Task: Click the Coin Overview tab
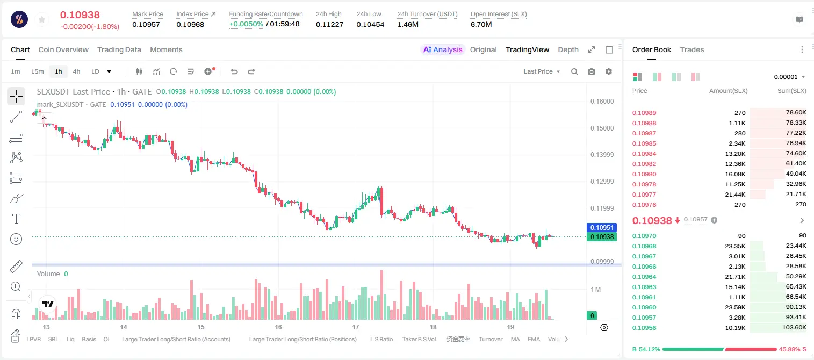click(63, 49)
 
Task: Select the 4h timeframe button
click(76, 71)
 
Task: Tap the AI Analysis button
click(443, 49)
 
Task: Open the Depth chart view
click(568, 49)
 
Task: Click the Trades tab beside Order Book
click(692, 49)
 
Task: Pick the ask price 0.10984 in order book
click(644, 154)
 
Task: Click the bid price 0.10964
click(644, 277)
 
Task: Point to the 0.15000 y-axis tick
click(602, 128)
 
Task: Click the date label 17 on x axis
click(355, 327)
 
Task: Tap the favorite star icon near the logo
click(42, 19)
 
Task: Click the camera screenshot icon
click(592, 71)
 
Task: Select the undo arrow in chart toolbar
click(234, 71)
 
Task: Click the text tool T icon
click(16, 219)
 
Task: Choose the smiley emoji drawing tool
click(16, 239)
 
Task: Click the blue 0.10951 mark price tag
click(602, 227)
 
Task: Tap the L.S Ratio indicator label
click(381, 339)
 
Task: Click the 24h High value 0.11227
click(329, 24)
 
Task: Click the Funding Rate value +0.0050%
click(246, 24)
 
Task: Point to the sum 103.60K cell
click(794, 327)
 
